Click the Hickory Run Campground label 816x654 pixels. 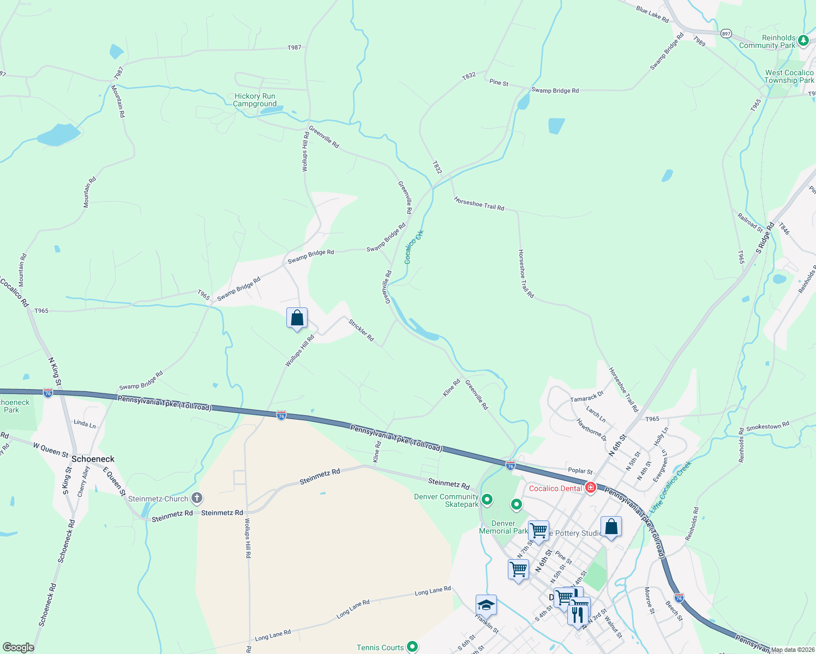tap(255, 100)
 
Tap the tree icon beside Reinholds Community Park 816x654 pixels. tap(803, 40)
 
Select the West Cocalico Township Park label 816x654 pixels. tap(789, 76)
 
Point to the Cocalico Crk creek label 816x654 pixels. tap(414, 247)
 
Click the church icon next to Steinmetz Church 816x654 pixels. tap(197, 498)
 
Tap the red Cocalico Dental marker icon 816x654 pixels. tap(590, 487)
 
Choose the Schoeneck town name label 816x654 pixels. tap(93, 459)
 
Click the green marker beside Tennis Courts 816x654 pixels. tap(412, 647)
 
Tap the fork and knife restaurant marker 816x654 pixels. tap(578, 614)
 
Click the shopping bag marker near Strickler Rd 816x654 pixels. tap(297, 318)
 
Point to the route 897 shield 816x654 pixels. tap(725, 33)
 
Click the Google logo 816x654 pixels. tap(19, 647)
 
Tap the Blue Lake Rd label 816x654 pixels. tap(652, 14)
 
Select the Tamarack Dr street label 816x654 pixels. tap(587, 396)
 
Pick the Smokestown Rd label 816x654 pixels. tap(767, 426)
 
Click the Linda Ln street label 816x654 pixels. tap(85, 423)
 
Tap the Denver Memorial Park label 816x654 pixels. tap(503, 527)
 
